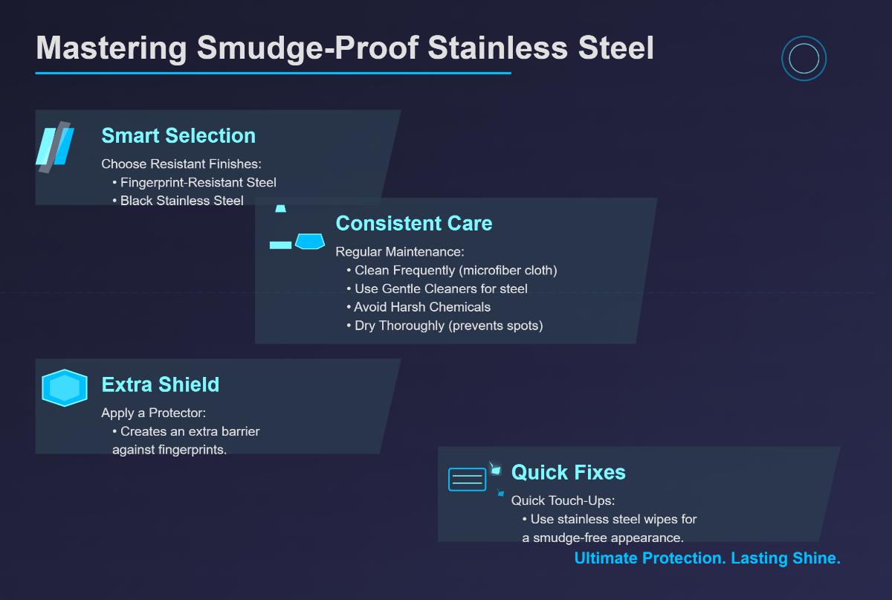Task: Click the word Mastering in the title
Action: pos(111,48)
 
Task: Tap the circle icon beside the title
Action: pos(804,59)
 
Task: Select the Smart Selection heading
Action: pos(178,135)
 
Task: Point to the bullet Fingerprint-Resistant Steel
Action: pos(198,182)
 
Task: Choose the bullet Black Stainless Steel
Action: pos(181,201)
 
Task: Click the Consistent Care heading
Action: pos(413,223)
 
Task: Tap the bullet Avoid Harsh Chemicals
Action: pos(421,307)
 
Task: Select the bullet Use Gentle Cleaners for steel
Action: pos(440,288)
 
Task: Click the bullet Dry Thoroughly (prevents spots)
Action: pos(447,326)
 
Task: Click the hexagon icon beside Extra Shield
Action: pos(65,387)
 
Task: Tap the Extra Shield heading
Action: pos(160,384)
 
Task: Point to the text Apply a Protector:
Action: pos(153,413)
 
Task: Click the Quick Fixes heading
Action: pos(568,472)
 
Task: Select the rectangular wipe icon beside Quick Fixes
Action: pos(467,479)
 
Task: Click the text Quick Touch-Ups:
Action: pos(563,500)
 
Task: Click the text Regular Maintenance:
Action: pos(399,252)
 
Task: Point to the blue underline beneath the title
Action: pos(273,73)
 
